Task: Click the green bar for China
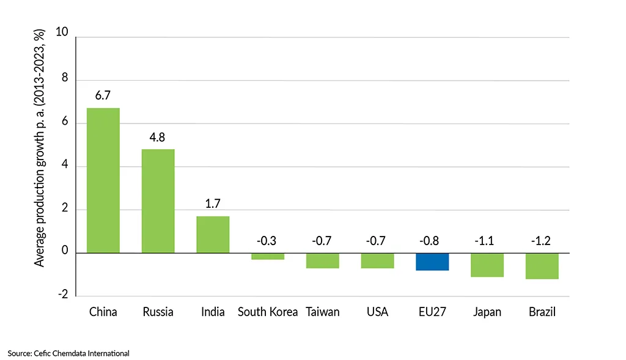point(103,180)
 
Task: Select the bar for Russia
point(158,201)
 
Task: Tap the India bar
point(213,235)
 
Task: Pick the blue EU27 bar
point(432,262)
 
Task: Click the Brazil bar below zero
point(542,266)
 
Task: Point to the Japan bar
point(487,265)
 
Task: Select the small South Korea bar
point(268,256)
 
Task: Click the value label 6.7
point(103,96)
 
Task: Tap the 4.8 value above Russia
point(158,137)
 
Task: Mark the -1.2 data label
point(542,241)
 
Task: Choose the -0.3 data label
point(267,241)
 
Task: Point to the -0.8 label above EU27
point(432,241)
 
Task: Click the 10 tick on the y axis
point(62,32)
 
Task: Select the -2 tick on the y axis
point(62,296)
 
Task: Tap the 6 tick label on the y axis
point(64,123)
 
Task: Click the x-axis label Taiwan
point(322,312)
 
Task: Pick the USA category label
point(377,312)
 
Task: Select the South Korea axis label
point(268,312)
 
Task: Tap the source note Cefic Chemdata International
point(69,353)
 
